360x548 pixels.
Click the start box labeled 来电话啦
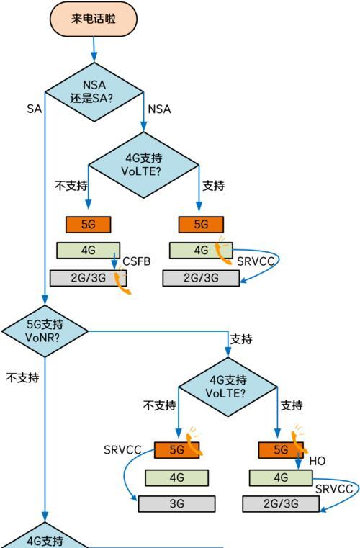94,19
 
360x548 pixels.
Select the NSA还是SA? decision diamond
94,92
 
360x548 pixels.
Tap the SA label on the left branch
34,109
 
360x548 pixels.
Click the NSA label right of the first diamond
159,109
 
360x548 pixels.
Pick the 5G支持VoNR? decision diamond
45,330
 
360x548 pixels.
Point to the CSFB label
136,261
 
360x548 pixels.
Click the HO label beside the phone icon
318,461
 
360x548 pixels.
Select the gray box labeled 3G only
177,504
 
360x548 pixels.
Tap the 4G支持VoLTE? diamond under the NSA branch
143,164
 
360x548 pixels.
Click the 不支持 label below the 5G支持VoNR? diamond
22,377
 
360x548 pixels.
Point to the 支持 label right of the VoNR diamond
240,339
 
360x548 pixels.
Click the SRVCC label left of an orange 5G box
122,450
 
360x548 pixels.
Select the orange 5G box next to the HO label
274,450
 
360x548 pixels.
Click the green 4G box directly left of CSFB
88,250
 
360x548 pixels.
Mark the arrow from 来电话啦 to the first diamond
94,49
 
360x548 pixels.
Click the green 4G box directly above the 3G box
176,477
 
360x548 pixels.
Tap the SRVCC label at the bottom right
334,489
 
